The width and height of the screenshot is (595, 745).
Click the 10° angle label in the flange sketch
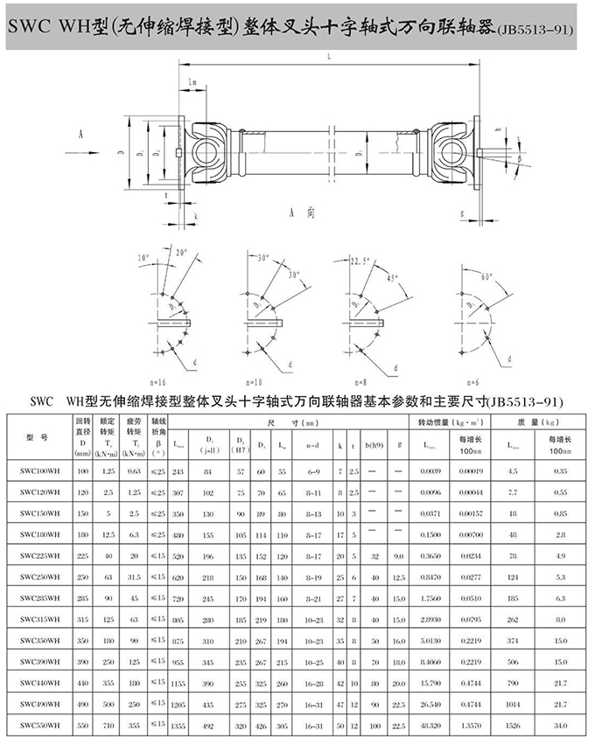[143, 258]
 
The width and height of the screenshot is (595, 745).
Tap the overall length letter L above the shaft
[325, 58]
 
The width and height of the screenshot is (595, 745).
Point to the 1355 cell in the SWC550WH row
[178, 725]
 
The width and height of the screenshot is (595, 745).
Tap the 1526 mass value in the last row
[513, 725]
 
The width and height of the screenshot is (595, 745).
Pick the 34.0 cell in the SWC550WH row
[559, 725]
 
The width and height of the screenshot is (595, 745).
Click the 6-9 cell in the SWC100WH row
[311, 472]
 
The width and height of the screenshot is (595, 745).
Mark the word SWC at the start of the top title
[33, 27]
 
